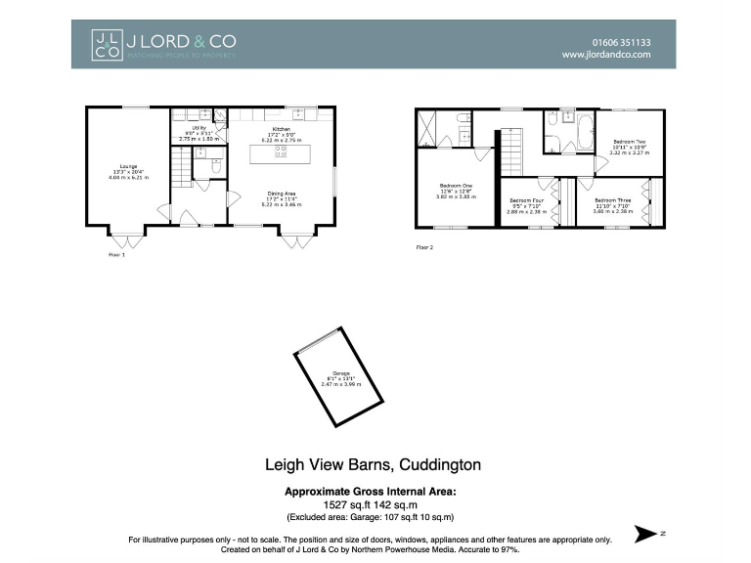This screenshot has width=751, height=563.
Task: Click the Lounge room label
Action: coord(129,172)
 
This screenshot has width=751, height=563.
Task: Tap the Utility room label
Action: coord(199,134)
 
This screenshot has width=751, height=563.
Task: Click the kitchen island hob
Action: coord(281,153)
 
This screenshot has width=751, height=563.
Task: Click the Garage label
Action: coord(340,379)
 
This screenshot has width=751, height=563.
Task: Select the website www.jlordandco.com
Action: coord(606,56)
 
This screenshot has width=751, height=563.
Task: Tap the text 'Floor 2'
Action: coord(424,248)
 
